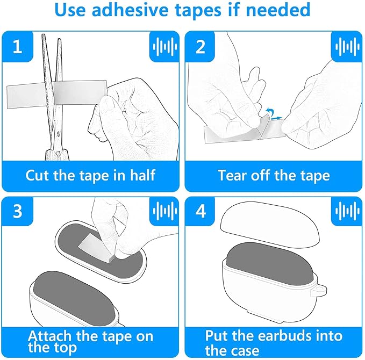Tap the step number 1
click(x=17, y=47)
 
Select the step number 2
click(x=201, y=47)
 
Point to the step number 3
click(x=17, y=211)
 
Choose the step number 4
click(x=201, y=211)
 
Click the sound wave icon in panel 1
click(x=165, y=47)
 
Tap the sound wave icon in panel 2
click(x=347, y=47)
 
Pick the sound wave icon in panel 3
click(x=165, y=211)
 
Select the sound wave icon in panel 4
click(x=347, y=211)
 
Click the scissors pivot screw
click(x=58, y=133)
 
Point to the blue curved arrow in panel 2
click(x=269, y=111)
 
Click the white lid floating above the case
click(x=270, y=222)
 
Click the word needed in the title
click(x=278, y=10)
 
